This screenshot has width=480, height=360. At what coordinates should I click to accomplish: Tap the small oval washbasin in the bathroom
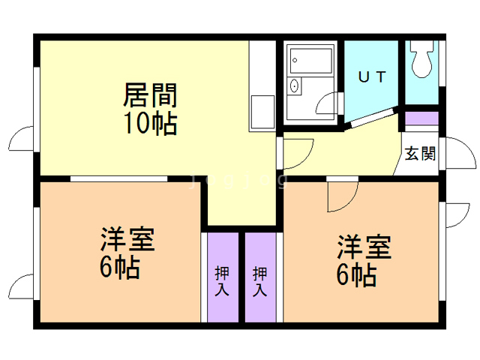pyautogui.click(x=294, y=86)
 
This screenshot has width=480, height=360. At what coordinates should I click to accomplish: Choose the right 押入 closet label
pyautogui.click(x=259, y=280)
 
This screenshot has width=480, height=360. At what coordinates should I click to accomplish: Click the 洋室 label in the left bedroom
pyautogui.click(x=127, y=241)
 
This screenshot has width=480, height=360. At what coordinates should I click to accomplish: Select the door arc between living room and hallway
pyautogui.click(x=297, y=151)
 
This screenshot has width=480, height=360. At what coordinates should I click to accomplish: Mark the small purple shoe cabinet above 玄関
pyautogui.click(x=421, y=118)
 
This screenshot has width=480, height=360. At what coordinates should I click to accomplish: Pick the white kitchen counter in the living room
pyautogui.click(x=262, y=86)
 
